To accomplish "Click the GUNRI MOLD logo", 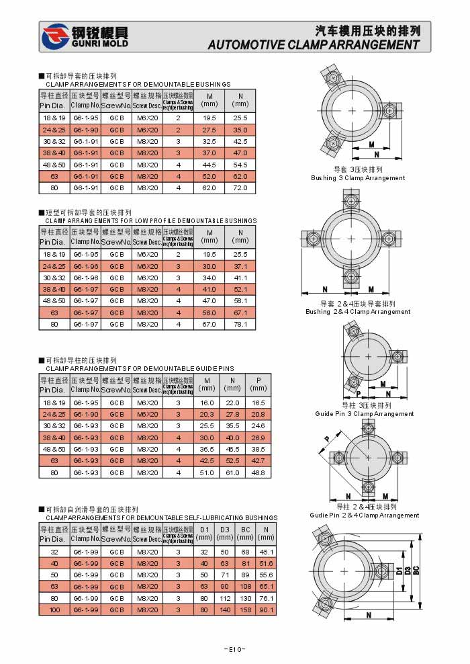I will [x=83, y=37].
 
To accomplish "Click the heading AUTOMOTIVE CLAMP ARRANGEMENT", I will [x=314, y=45].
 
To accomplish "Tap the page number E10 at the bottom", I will [x=234, y=649].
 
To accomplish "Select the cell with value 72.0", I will [x=240, y=188].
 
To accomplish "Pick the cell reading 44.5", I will [x=209, y=165].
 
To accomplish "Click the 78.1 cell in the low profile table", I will [x=240, y=325].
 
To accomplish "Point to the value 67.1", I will [x=240, y=313].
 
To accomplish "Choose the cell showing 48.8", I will [x=258, y=472].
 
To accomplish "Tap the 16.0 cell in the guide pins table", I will [x=207, y=403].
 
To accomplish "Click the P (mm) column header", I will [x=258, y=384].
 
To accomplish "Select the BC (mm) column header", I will [x=245, y=534].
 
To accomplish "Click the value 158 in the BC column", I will [x=245, y=610].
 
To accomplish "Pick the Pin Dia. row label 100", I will [x=54, y=610].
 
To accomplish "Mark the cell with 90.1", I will [x=266, y=610].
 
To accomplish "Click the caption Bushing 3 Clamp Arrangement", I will [x=358, y=178].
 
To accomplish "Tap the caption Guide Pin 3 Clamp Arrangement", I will [x=365, y=414].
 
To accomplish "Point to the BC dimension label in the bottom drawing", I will [x=416, y=570].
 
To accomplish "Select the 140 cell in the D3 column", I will [x=224, y=610].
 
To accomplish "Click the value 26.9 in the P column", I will [x=258, y=438].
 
